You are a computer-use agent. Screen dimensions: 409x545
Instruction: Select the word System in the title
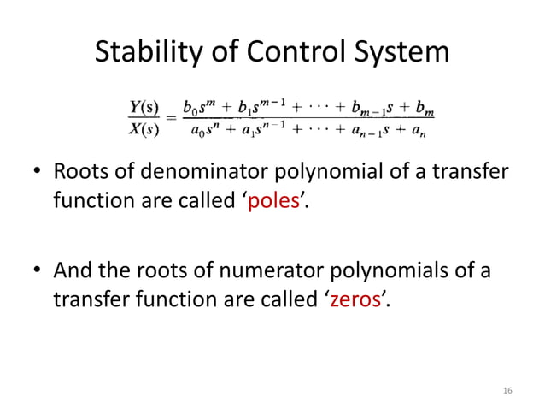pos(402,53)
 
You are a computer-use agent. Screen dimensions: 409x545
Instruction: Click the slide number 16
pos(507,390)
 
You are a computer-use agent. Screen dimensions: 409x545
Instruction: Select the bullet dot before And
pos(38,271)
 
